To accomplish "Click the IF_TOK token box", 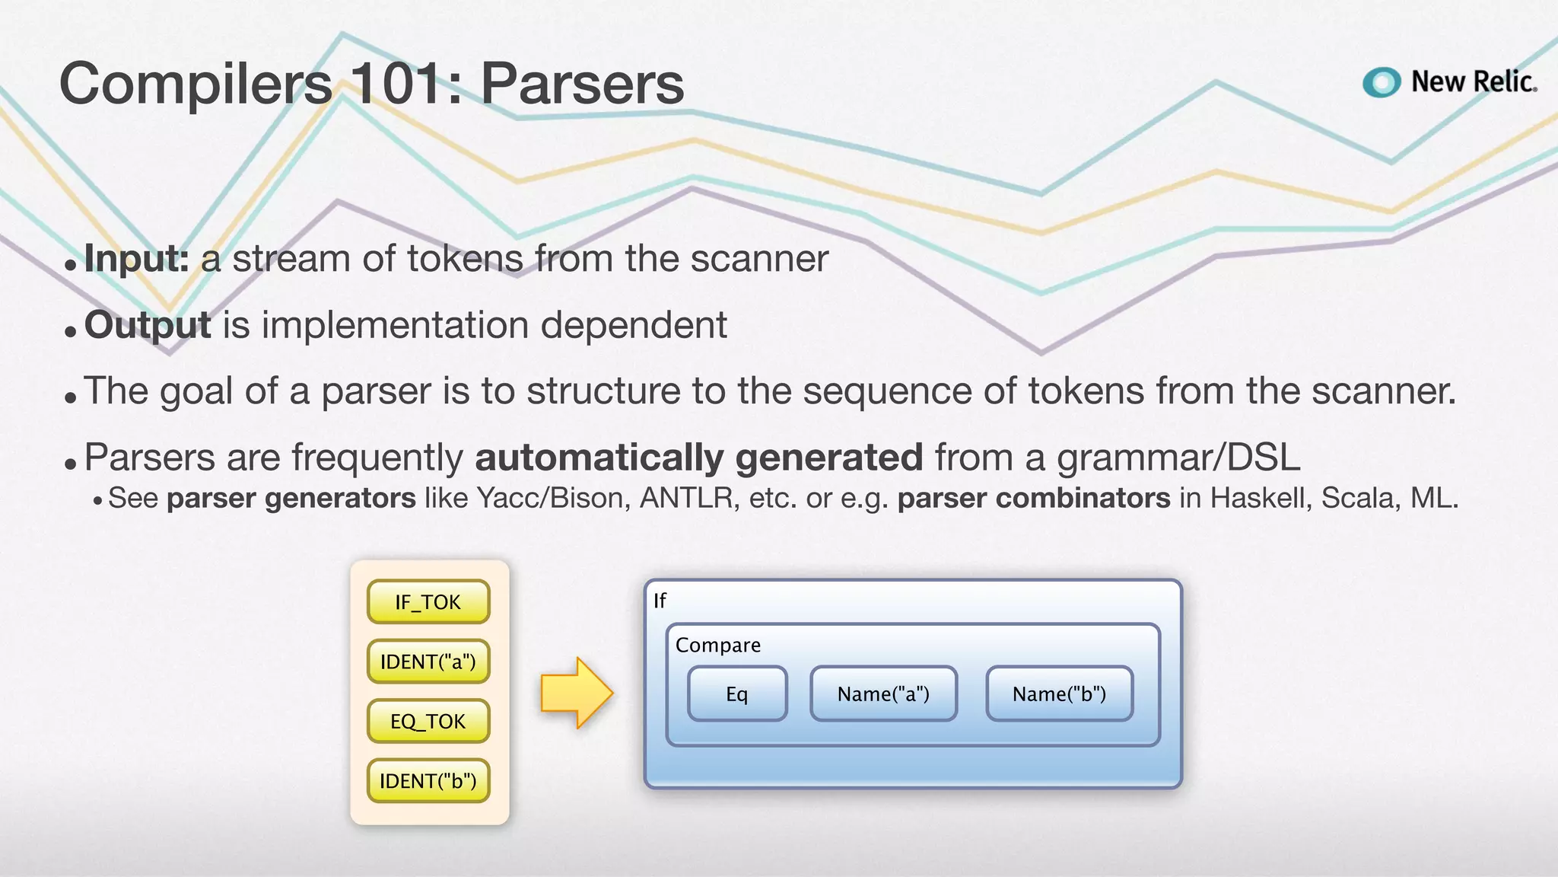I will click(428, 602).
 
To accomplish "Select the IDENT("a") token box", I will click(428, 662).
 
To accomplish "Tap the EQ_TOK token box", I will click(428, 721).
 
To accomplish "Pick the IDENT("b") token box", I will click(428, 781).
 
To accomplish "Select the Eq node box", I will click(736, 694).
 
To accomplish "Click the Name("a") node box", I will click(883, 694).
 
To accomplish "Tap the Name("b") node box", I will click(1059, 694).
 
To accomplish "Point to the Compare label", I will click(717, 645).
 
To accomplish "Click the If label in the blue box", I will click(660, 601).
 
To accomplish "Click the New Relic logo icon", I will click(1382, 82).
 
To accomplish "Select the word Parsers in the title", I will click(582, 84).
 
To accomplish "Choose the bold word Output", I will click(148, 325).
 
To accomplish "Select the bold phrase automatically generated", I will click(698, 458).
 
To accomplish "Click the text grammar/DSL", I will click(1178, 458).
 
